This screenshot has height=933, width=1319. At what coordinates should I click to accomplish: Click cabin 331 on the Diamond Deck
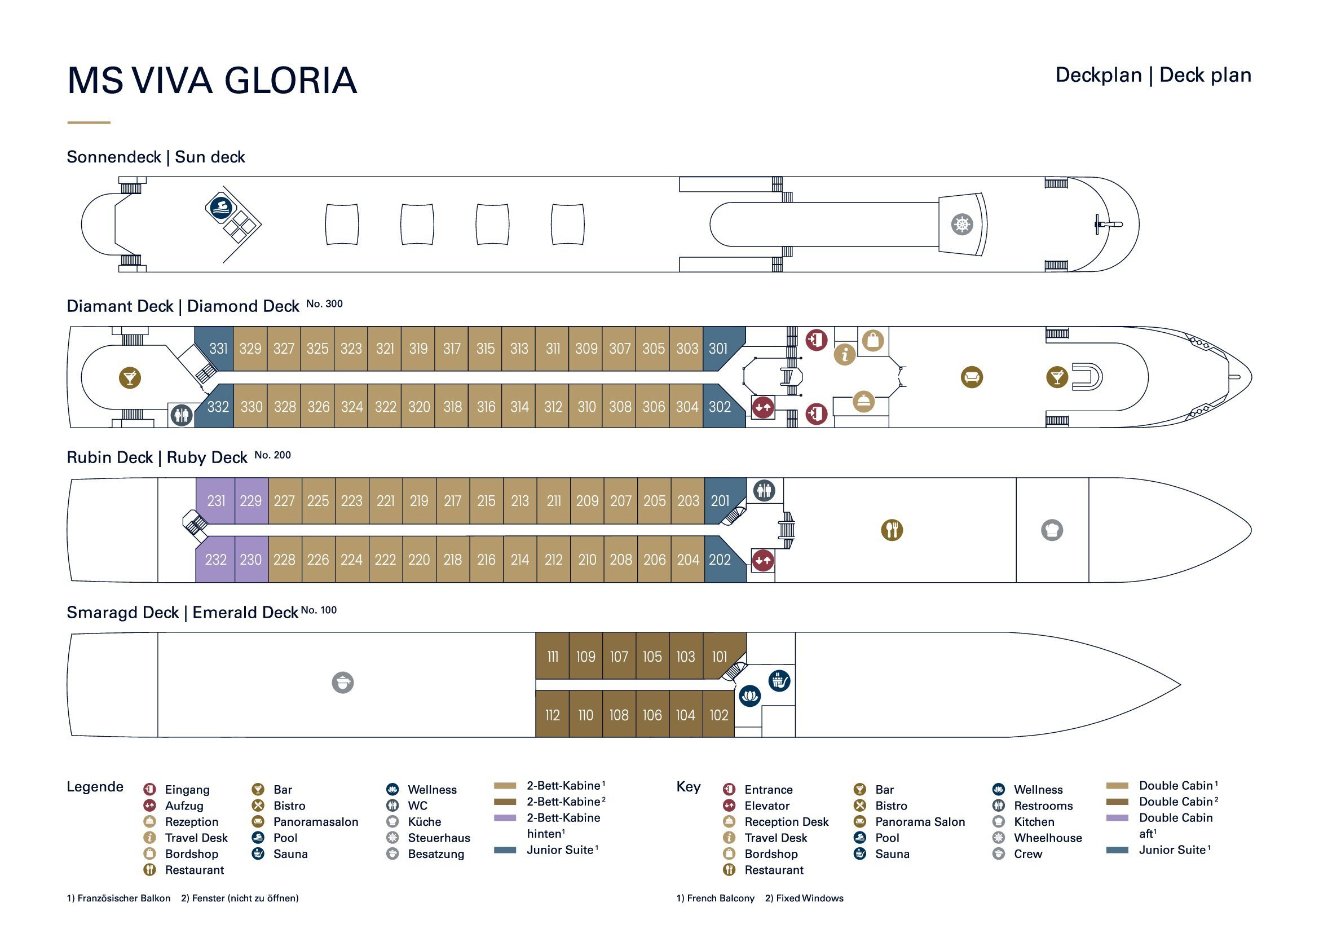click(217, 349)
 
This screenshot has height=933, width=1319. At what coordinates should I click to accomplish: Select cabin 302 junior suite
click(719, 407)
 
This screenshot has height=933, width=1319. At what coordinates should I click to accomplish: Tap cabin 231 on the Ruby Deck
click(216, 501)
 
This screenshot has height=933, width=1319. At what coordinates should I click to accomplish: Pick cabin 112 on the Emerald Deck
click(552, 715)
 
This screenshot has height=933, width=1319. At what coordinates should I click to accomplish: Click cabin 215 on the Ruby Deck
click(486, 501)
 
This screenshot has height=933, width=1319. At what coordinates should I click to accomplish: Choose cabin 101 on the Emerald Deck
click(719, 657)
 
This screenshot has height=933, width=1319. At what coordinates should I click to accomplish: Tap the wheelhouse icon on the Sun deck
click(961, 224)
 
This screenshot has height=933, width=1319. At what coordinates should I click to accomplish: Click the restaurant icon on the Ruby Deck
click(892, 530)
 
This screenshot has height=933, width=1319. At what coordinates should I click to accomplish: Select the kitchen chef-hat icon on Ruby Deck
click(1052, 530)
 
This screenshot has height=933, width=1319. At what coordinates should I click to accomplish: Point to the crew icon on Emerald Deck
click(342, 683)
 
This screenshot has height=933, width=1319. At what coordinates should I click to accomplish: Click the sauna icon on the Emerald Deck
click(779, 681)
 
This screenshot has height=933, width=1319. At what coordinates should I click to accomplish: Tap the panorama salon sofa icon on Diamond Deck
click(972, 377)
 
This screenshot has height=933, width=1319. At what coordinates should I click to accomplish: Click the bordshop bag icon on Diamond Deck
click(872, 341)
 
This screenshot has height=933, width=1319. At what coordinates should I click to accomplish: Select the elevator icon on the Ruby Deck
click(763, 560)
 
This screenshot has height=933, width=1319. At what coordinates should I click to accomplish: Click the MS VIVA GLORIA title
click(212, 81)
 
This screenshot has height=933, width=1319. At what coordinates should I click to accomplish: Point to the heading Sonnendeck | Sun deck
click(156, 157)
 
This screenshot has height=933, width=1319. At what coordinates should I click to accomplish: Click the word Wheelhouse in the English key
click(1047, 838)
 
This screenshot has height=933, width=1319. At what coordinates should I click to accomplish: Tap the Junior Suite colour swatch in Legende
click(505, 850)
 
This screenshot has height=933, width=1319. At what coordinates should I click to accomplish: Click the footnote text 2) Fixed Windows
click(804, 898)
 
